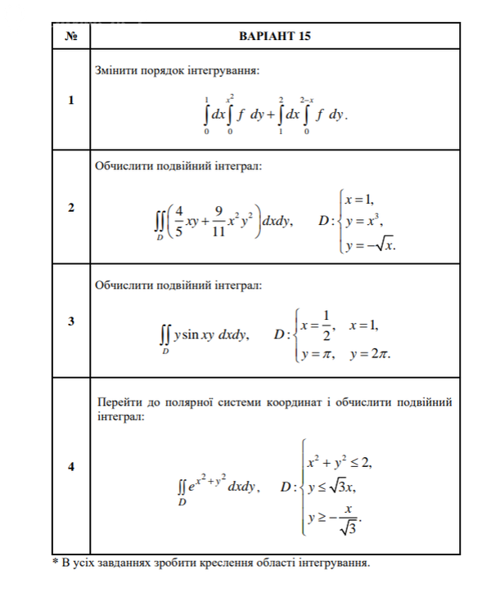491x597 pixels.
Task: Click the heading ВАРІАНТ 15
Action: pyautogui.click(x=275, y=37)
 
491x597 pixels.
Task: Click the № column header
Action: pyautogui.click(x=71, y=37)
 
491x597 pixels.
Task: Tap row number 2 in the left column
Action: pyautogui.click(x=71, y=208)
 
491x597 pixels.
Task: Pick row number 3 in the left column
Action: pyautogui.click(x=71, y=321)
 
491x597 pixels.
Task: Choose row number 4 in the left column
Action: pyautogui.click(x=71, y=466)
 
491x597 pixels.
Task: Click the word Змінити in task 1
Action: pyautogui.click(x=116, y=71)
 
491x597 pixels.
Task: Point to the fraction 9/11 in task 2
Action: pyautogui.click(x=217, y=221)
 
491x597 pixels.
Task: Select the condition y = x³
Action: pyautogui.click(x=364, y=221)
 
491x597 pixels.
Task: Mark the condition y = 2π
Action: pyautogui.click(x=370, y=354)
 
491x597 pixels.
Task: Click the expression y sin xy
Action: pyautogui.click(x=195, y=334)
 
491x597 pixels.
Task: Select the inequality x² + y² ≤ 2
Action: pyautogui.click(x=339, y=463)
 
